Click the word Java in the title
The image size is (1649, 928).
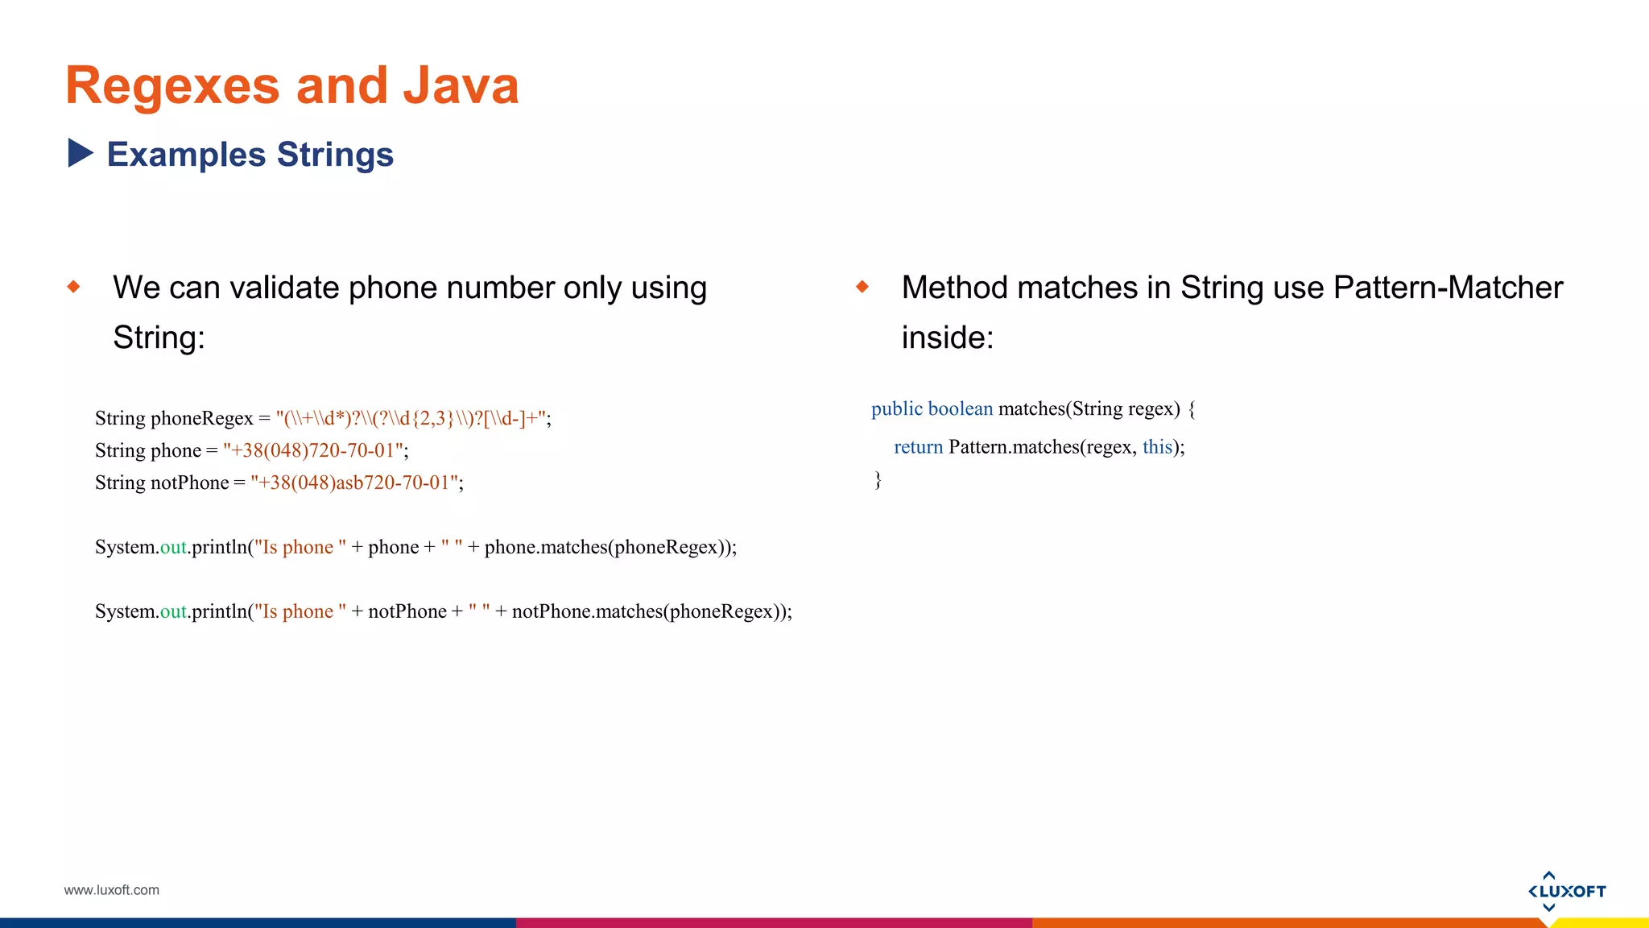tap(461, 85)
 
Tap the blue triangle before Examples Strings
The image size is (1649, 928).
tap(80, 153)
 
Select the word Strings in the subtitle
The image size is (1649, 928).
tap(335, 155)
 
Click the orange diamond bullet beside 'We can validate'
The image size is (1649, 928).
tap(74, 286)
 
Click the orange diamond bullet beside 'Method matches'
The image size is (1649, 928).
tap(862, 286)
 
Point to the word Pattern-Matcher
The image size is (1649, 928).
tap(1447, 288)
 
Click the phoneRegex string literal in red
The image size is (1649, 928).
tap(411, 418)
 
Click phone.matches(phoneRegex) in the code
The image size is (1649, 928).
tap(608, 547)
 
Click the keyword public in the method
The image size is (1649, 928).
tap(896, 408)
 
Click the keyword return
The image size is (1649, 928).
tap(918, 447)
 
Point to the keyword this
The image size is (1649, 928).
tap(1157, 447)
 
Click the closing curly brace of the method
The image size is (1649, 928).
tap(878, 480)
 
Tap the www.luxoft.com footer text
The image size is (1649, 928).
tap(111, 890)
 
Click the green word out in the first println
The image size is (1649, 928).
tap(173, 547)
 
